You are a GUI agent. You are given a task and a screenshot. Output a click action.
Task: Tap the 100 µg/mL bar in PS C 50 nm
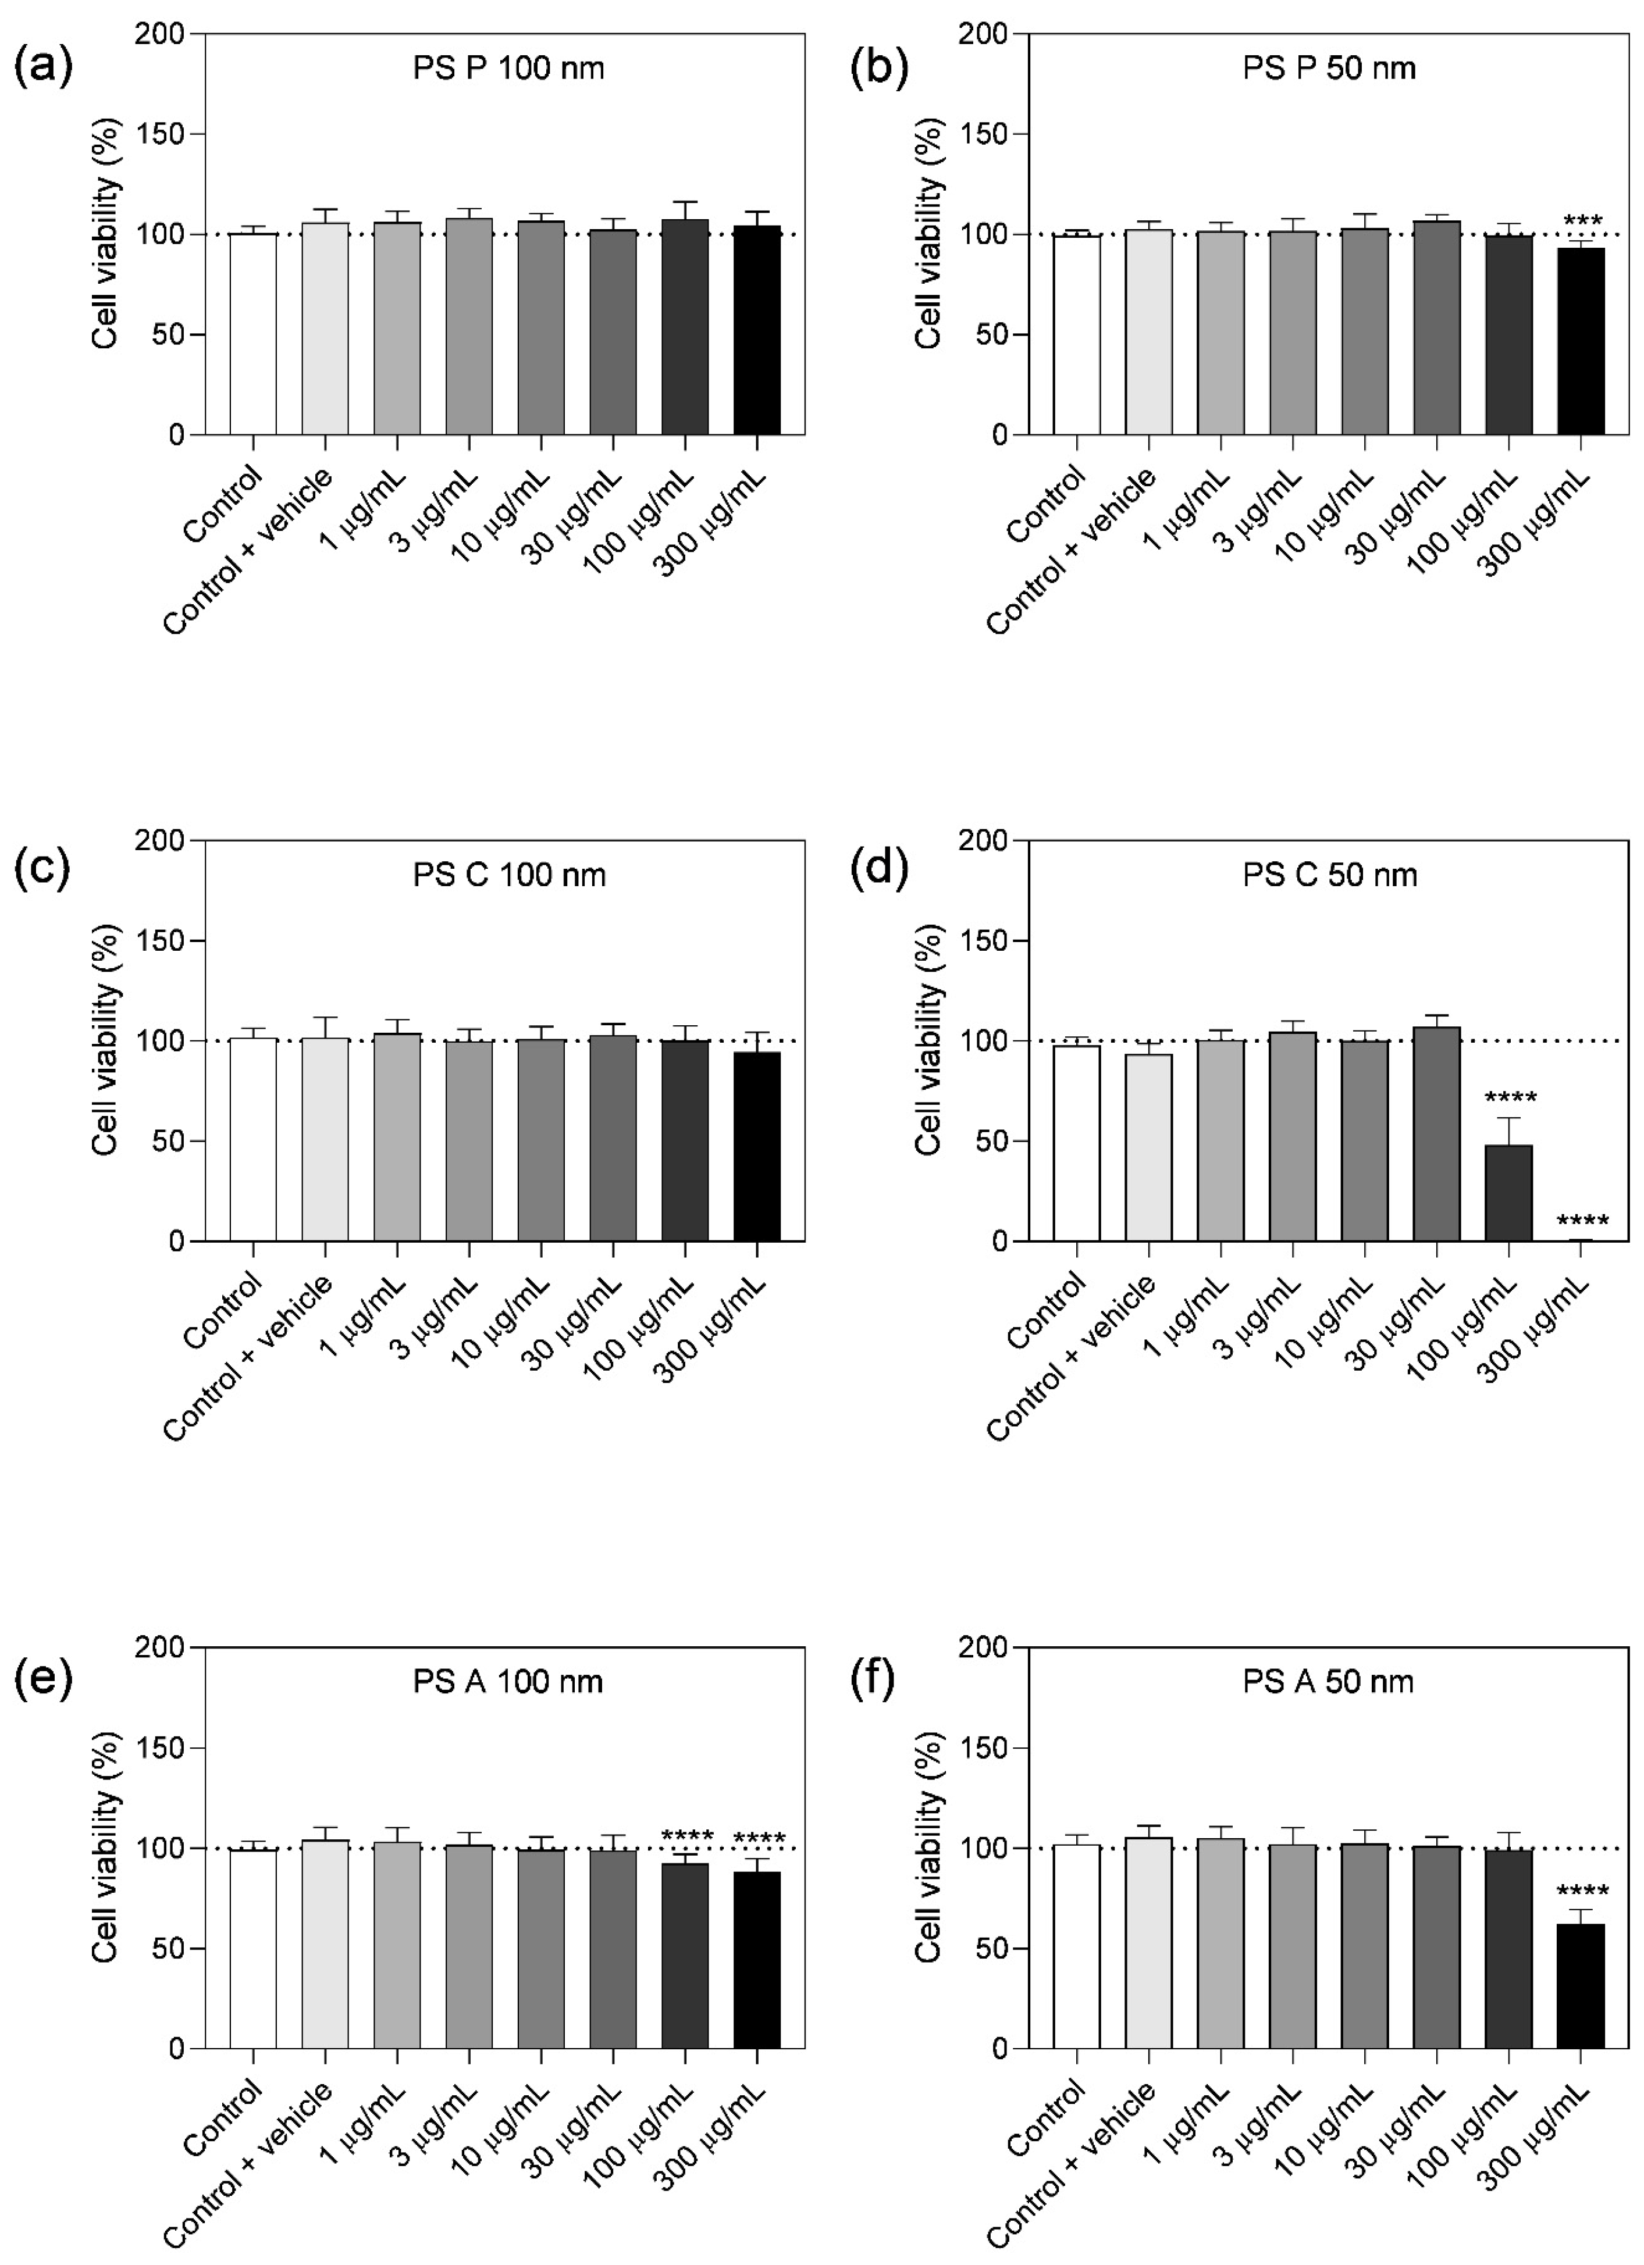pyautogui.click(x=1508, y=1193)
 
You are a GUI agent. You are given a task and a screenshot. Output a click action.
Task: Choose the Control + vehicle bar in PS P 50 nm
pyautogui.click(x=1148, y=331)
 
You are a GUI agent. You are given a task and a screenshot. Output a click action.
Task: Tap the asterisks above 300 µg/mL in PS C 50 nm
pyautogui.click(x=1582, y=1221)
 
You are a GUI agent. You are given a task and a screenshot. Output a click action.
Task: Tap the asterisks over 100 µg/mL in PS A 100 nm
pyautogui.click(x=687, y=1836)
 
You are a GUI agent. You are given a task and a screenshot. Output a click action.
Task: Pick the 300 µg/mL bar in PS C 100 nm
pyautogui.click(x=757, y=1147)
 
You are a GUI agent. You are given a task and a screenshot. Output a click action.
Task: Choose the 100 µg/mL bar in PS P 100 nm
pyautogui.click(x=685, y=327)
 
